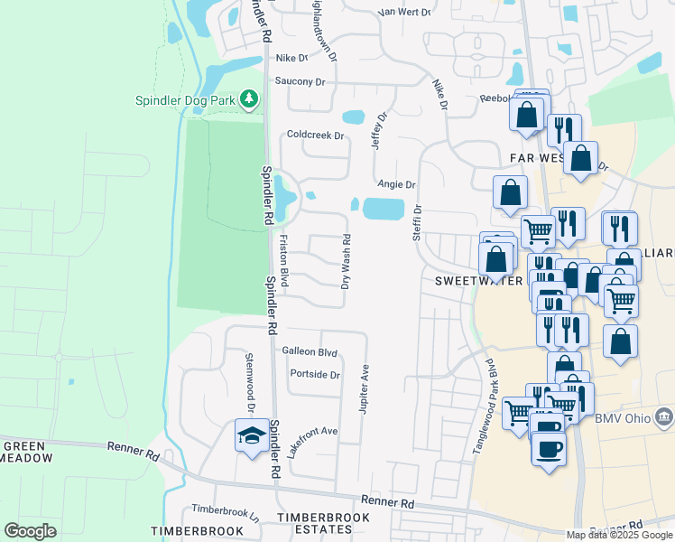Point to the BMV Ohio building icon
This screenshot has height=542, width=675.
pyautogui.click(x=664, y=416)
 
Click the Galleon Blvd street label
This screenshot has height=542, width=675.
pyautogui.click(x=310, y=351)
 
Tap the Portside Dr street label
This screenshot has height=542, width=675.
pyautogui.click(x=315, y=374)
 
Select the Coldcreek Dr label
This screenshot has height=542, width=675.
pyautogui.click(x=316, y=135)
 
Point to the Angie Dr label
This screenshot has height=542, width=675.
pyautogui.click(x=396, y=184)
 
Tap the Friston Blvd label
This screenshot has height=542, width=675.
pyautogui.click(x=283, y=261)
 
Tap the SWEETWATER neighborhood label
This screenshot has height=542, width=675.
pyautogui.click(x=478, y=281)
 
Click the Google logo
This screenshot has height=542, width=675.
pyautogui.click(x=30, y=530)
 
